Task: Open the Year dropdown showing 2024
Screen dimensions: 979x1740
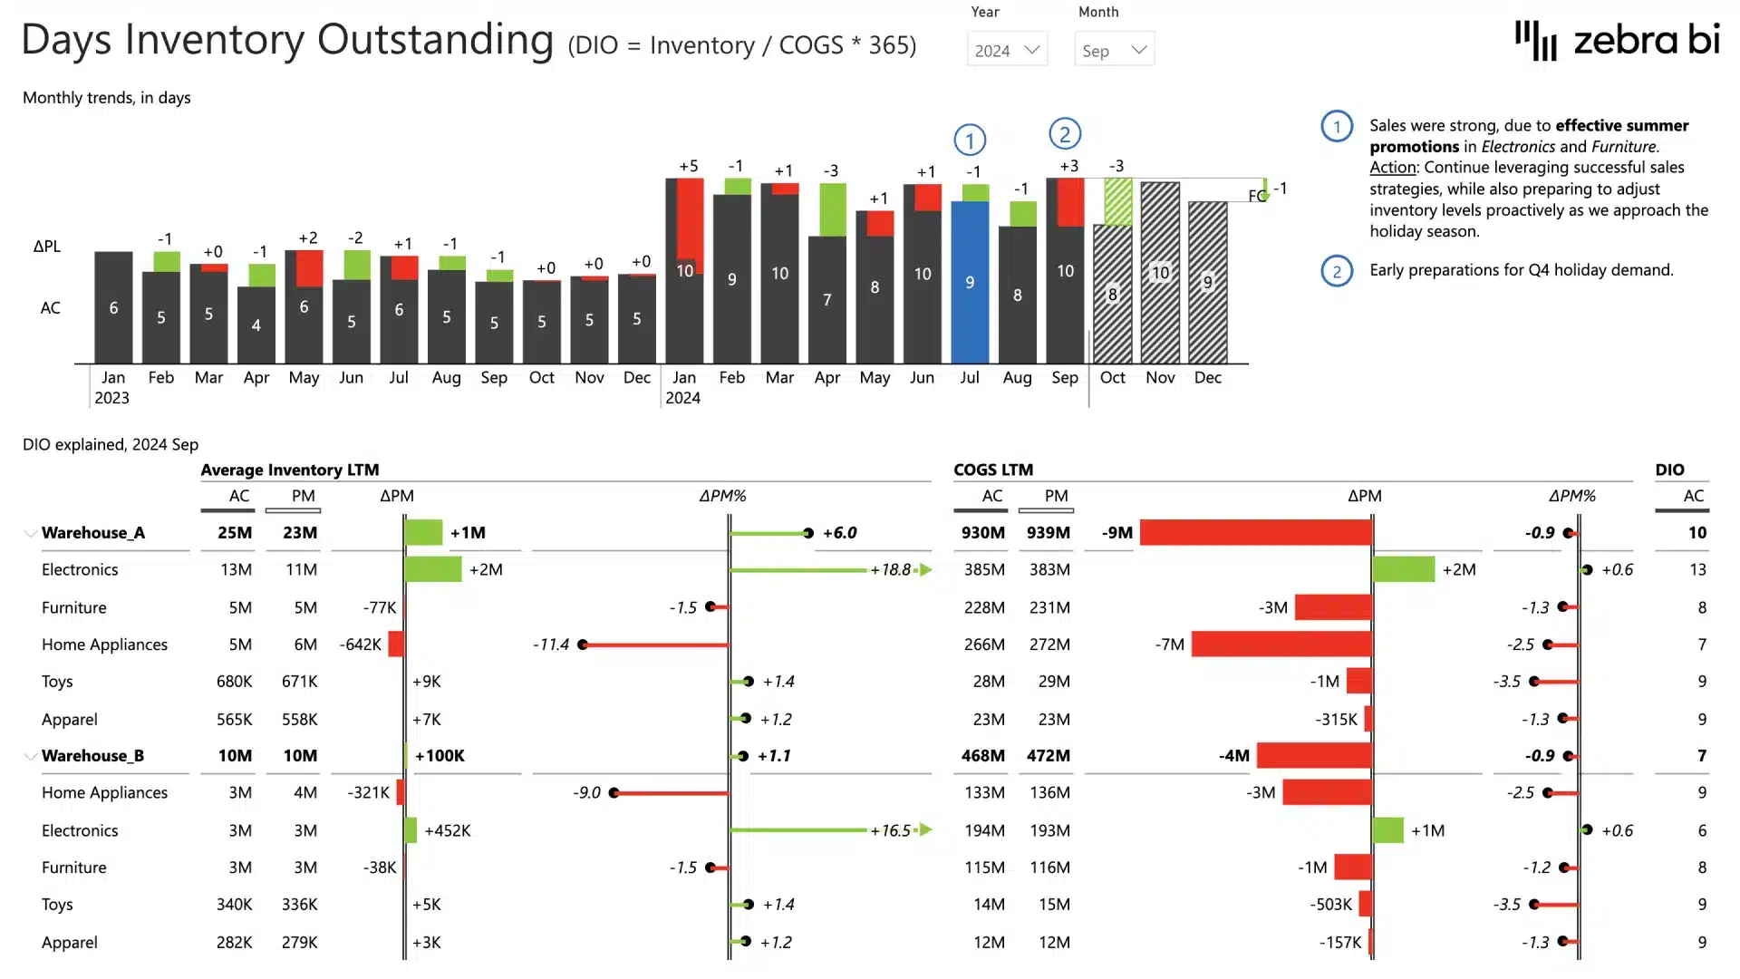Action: [1007, 51]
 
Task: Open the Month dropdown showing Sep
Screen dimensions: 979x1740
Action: [1114, 51]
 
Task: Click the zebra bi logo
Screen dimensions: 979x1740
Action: [1617, 41]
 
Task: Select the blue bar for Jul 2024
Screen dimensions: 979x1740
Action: [970, 282]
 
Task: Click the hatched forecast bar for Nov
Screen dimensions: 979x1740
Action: [1160, 273]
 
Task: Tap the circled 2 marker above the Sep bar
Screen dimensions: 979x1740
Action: [1065, 134]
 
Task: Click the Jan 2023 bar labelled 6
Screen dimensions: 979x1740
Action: [113, 307]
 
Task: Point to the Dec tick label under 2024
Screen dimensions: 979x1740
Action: [1207, 378]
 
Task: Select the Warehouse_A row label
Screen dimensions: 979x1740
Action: [93, 533]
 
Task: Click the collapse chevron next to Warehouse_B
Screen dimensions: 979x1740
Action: [30, 756]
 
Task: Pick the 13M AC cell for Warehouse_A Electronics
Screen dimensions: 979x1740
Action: [236, 570]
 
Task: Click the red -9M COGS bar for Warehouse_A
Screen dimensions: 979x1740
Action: [1255, 533]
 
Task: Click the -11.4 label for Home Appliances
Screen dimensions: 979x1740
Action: [551, 645]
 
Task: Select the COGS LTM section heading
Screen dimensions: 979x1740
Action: [993, 470]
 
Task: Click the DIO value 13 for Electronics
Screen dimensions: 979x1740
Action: [1697, 570]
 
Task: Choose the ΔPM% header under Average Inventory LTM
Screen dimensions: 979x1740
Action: [722, 496]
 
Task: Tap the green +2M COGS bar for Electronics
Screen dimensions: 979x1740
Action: [1404, 570]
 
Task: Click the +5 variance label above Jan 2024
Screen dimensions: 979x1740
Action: [689, 166]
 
